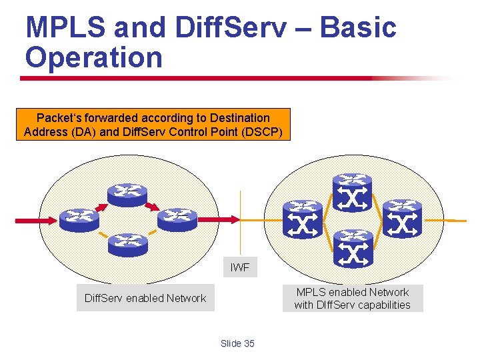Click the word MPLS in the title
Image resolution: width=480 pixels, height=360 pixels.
coord(64,28)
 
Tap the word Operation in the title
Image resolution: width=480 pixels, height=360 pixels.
coord(94,57)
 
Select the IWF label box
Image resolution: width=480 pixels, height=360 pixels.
coord(240,267)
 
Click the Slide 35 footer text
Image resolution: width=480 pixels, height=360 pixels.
coord(237,343)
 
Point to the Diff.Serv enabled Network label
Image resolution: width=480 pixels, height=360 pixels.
coord(145,298)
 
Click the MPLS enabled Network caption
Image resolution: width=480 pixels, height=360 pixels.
coord(353,299)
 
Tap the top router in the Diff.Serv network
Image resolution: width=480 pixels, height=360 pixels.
coord(127,193)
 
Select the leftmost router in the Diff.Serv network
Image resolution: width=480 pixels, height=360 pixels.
coord(79,219)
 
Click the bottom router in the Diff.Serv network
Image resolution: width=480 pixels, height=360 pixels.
coord(128,243)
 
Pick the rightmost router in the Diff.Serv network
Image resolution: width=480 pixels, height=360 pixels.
coord(177,219)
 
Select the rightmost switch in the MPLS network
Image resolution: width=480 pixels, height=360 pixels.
coord(403,219)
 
